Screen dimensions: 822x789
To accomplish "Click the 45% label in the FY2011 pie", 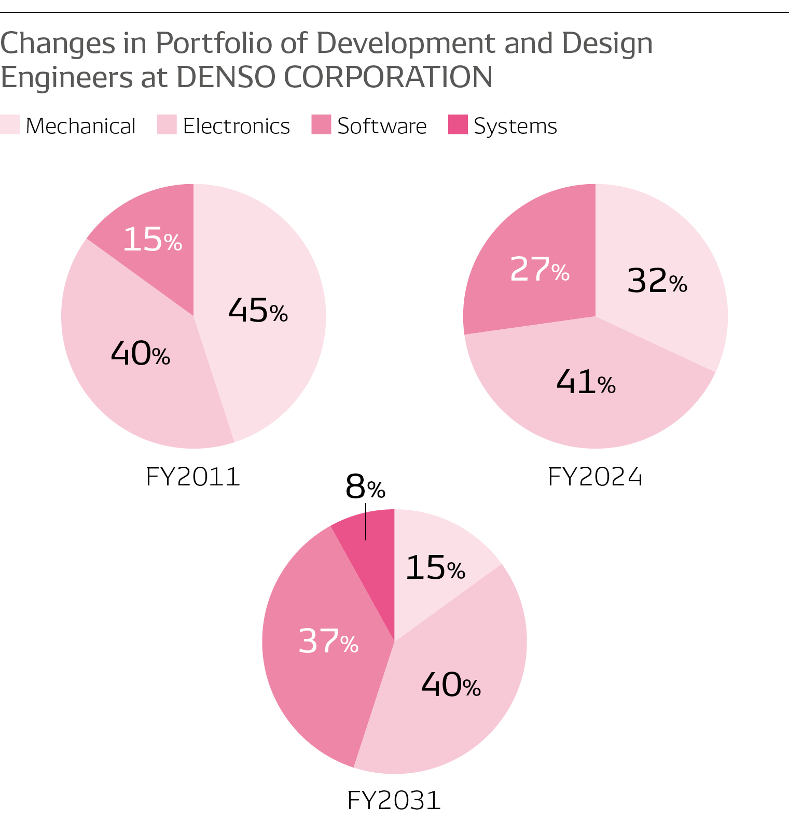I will click(x=258, y=311).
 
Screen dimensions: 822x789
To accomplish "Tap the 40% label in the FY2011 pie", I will click(x=140, y=354).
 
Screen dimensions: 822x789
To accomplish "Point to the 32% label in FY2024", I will click(x=657, y=281).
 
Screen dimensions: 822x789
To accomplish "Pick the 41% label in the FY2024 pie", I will click(x=586, y=382).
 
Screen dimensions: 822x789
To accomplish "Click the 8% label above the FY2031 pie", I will click(x=365, y=487).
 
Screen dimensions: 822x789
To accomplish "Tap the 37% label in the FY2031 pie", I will click(x=328, y=641).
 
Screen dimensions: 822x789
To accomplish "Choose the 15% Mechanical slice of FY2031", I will click(x=436, y=567).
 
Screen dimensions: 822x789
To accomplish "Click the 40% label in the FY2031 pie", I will click(x=451, y=685).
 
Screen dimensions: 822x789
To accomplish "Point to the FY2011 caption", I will click(x=193, y=477).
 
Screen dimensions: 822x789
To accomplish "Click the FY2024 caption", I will click(x=595, y=477).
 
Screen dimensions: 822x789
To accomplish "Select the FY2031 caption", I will click(x=394, y=800).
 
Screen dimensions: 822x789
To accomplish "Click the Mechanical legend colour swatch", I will click(x=9, y=125).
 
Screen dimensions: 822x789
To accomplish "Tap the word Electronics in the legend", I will click(x=236, y=126).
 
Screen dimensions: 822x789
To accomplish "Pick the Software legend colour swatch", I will click(x=321, y=125).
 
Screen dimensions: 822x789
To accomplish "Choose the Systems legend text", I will click(x=515, y=126).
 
